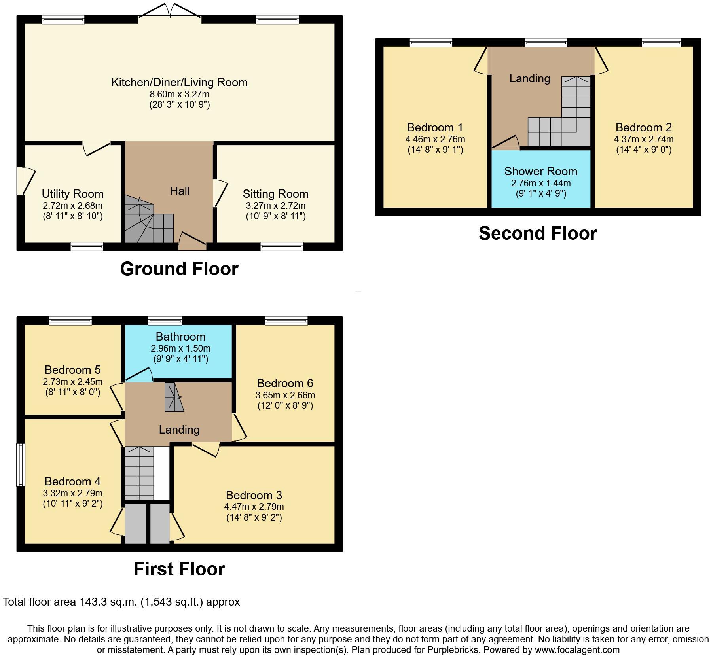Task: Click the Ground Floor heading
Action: pyautogui.click(x=179, y=269)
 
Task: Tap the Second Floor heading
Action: pyautogui.click(x=538, y=233)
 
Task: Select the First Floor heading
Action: pyautogui.click(x=179, y=569)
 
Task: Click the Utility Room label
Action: pyautogui.click(x=73, y=194)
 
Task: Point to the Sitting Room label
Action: pyautogui.click(x=276, y=194)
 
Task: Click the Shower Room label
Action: pyautogui.click(x=541, y=171)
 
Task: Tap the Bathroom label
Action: pyautogui.click(x=180, y=337)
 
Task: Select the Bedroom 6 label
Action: pyautogui.click(x=285, y=383)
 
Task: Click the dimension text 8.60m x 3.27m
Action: pyautogui.click(x=179, y=94)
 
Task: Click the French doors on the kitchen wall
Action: pyautogui.click(x=169, y=11)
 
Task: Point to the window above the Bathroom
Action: pyautogui.click(x=165, y=320)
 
